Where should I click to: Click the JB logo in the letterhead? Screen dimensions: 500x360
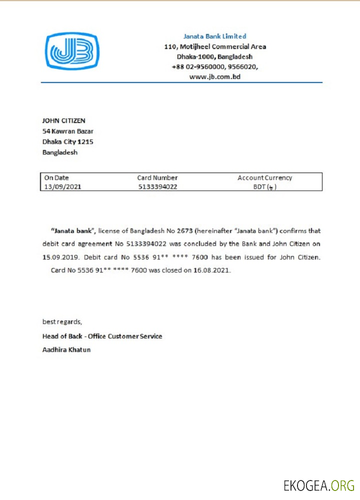point(72,50)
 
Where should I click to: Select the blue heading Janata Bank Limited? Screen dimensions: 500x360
point(215,36)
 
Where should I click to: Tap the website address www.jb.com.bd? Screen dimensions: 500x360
point(215,76)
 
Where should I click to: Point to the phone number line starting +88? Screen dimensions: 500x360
point(215,66)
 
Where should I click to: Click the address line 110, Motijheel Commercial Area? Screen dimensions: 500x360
point(215,46)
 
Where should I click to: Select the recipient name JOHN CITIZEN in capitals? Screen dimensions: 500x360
point(63,120)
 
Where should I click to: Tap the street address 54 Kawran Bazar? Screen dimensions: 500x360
point(68,131)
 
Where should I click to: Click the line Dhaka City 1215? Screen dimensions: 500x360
point(67,142)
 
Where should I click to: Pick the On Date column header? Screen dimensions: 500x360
point(56,177)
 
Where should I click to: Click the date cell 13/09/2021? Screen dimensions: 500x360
point(63,186)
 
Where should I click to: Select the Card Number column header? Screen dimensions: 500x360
point(157,177)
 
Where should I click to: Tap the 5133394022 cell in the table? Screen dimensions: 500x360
point(157,186)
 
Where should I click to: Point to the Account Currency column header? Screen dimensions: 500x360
point(264,177)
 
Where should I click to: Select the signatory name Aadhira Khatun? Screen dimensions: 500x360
point(66,349)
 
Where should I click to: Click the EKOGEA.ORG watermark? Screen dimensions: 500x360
point(318,485)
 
